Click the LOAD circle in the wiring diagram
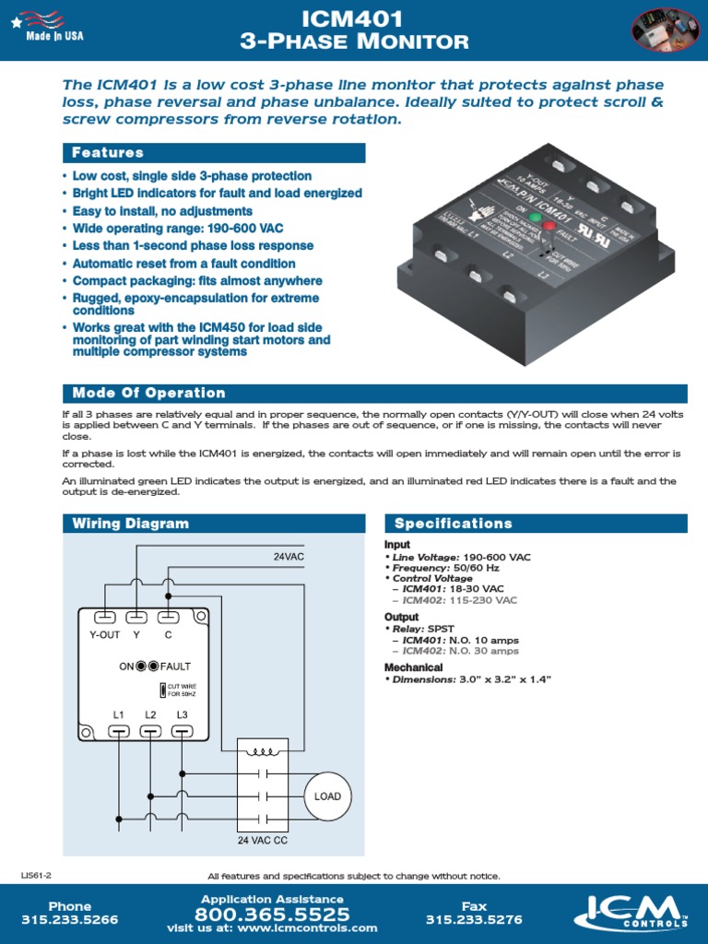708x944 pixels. pos(327,796)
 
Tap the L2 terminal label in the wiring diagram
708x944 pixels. pos(150,714)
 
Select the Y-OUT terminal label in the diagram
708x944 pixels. pos(104,634)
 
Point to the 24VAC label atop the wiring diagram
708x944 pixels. pos(288,557)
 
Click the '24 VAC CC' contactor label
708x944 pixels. pos(263,841)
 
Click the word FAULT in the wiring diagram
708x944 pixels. pos(176,666)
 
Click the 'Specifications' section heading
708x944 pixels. pos(453,524)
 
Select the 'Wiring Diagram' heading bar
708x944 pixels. pos(130,524)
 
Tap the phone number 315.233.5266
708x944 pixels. pos(70,919)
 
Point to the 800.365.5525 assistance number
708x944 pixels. pos(272,915)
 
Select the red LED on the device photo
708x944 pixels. pos(549,225)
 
